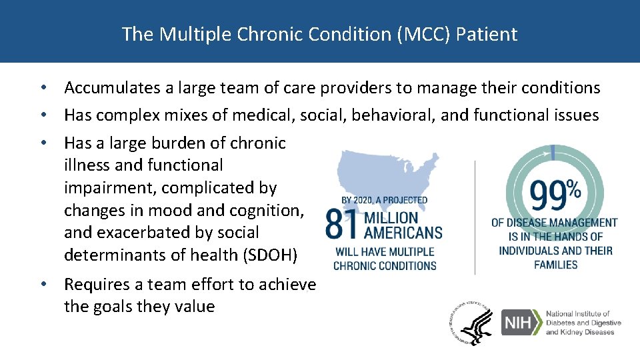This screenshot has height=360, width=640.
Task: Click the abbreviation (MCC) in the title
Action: pos(421,34)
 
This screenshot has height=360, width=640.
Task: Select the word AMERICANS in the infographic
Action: pos(401,233)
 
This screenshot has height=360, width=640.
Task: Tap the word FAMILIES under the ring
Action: pos(555,265)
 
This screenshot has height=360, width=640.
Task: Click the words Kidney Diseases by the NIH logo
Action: pos(580,332)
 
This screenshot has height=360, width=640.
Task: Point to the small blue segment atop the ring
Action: pos(553,153)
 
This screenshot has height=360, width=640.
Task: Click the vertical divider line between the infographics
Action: pos(475,217)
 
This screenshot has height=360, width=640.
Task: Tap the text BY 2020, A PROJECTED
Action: pos(384,200)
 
